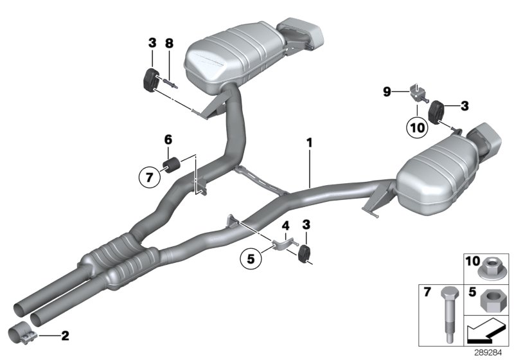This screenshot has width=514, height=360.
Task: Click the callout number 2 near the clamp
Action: pyautogui.click(x=64, y=335)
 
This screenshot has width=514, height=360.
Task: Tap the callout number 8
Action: pyautogui.click(x=169, y=44)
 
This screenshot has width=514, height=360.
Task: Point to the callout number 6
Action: pyautogui.click(x=168, y=139)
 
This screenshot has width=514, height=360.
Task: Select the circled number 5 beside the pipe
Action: pyautogui.click(x=250, y=260)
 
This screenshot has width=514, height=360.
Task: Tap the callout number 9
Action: pyautogui.click(x=387, y=93)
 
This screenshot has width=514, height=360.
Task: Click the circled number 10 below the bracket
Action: pyautogui.click(x=417, y=127)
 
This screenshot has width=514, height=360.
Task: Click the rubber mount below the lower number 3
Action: pyautogui.click(x=305, y=253)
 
